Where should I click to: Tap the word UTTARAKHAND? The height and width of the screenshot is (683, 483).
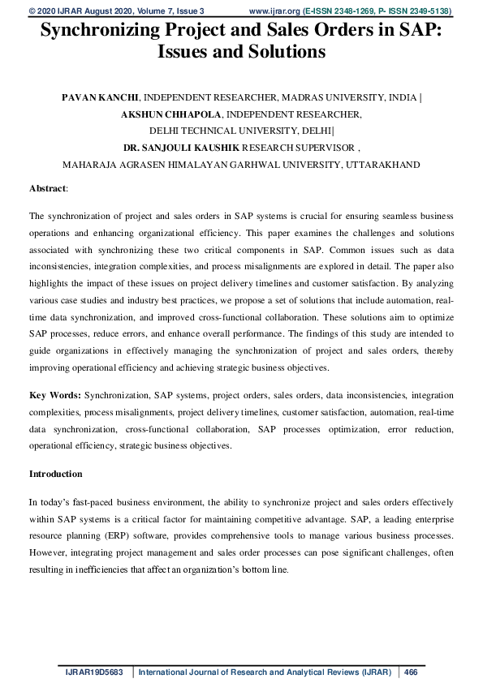click(x=383, y=165)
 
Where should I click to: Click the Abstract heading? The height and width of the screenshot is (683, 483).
click(x=47, y=187)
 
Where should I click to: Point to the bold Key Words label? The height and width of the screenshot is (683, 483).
click(x=55, y=395)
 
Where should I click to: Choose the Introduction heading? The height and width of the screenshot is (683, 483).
click(x=55, y=473)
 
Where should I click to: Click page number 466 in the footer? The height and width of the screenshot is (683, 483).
click(x=411, y=672)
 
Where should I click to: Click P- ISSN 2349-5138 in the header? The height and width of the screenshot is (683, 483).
click(x=412, y=11)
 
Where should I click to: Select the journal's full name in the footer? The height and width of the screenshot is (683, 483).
click(x=265, y=672)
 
